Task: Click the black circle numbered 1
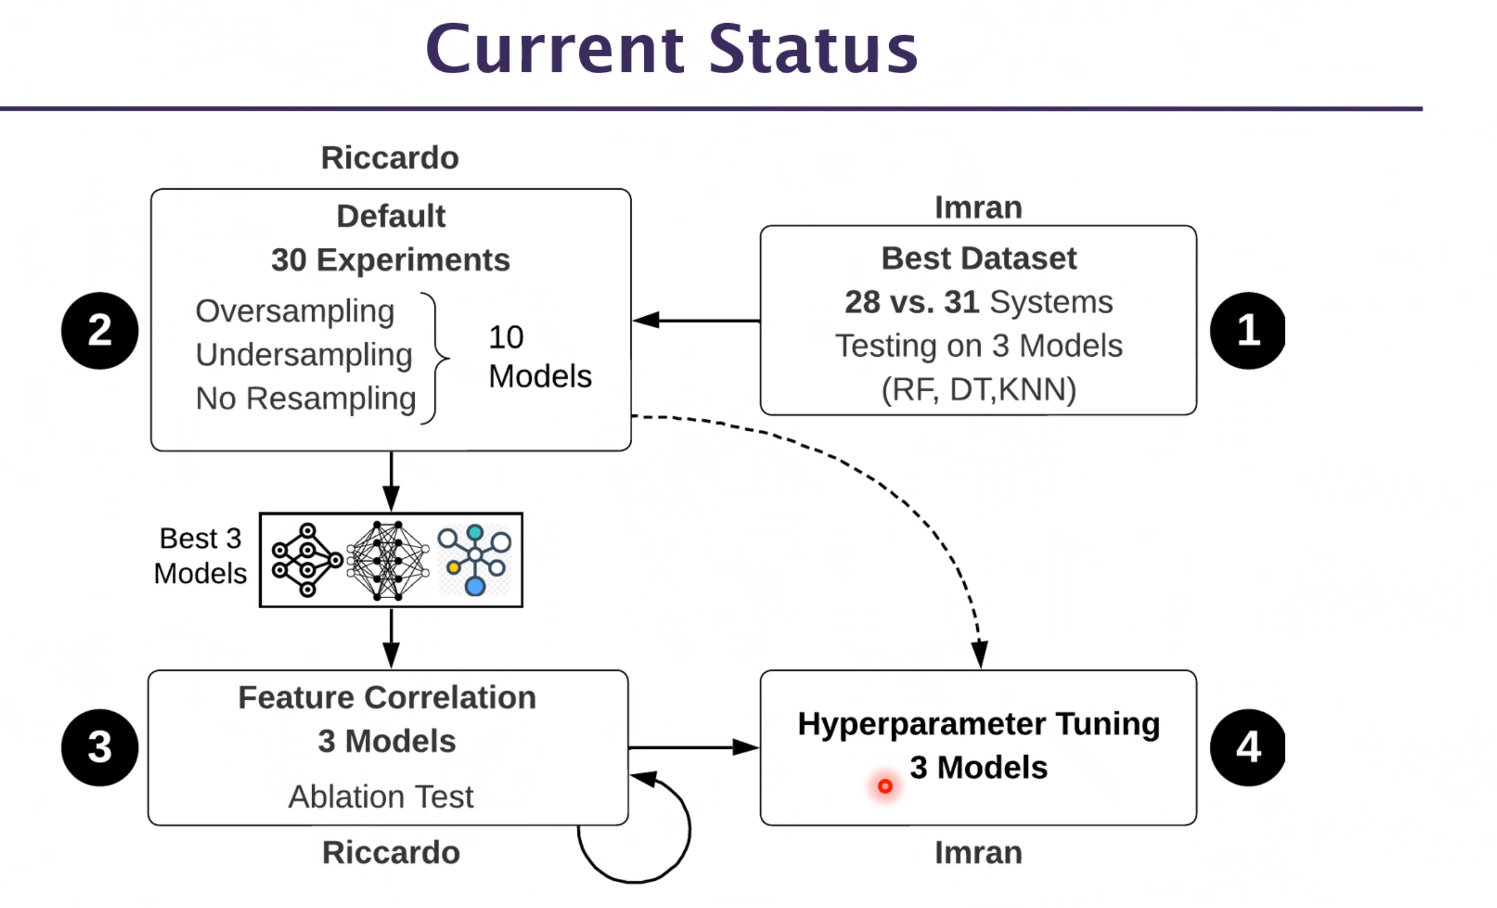pos(1247,331)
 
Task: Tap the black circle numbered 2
pos(100,331)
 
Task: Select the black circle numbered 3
pos(100,747)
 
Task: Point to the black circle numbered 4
pos(1247,747)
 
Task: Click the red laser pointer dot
pos(885,786)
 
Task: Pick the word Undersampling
pos(304,355)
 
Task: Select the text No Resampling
pos(306,399)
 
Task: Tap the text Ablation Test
pos(380,796)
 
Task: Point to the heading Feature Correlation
pos(387,697)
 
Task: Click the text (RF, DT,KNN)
pos(979,390)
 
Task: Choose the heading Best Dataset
pos(979,258)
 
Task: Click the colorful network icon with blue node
pos(475,560)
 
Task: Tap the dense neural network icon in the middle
pos(388,560)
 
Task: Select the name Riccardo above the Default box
pos(389,158)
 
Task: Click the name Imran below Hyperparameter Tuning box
pos(978,853)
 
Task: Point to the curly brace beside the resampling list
pos(435,358)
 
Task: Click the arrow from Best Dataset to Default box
pos(696,320)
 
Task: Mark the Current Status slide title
pos(671,49)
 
